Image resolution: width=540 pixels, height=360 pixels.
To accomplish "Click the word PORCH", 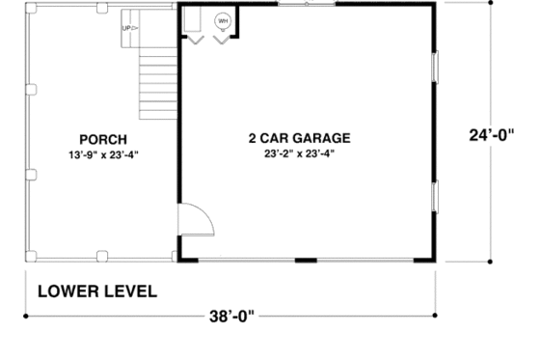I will click(x=98, y=140).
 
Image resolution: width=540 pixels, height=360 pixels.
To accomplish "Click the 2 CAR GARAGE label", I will click(x=298, y=138).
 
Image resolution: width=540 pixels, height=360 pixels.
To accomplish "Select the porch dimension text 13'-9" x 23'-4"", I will click(x=98, y=154).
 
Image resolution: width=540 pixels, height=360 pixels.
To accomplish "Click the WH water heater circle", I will click(x=223, y=20).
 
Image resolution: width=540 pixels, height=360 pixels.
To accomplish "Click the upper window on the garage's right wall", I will click(x=436, y=68).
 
